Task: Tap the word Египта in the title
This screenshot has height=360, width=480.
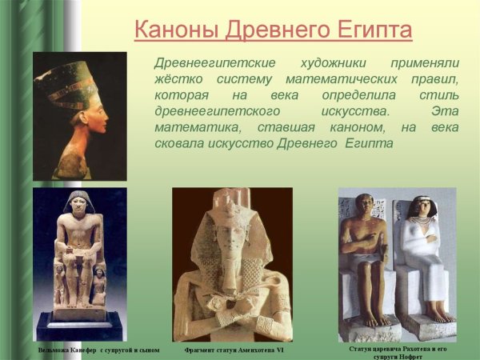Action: click(x=371, y=30)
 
